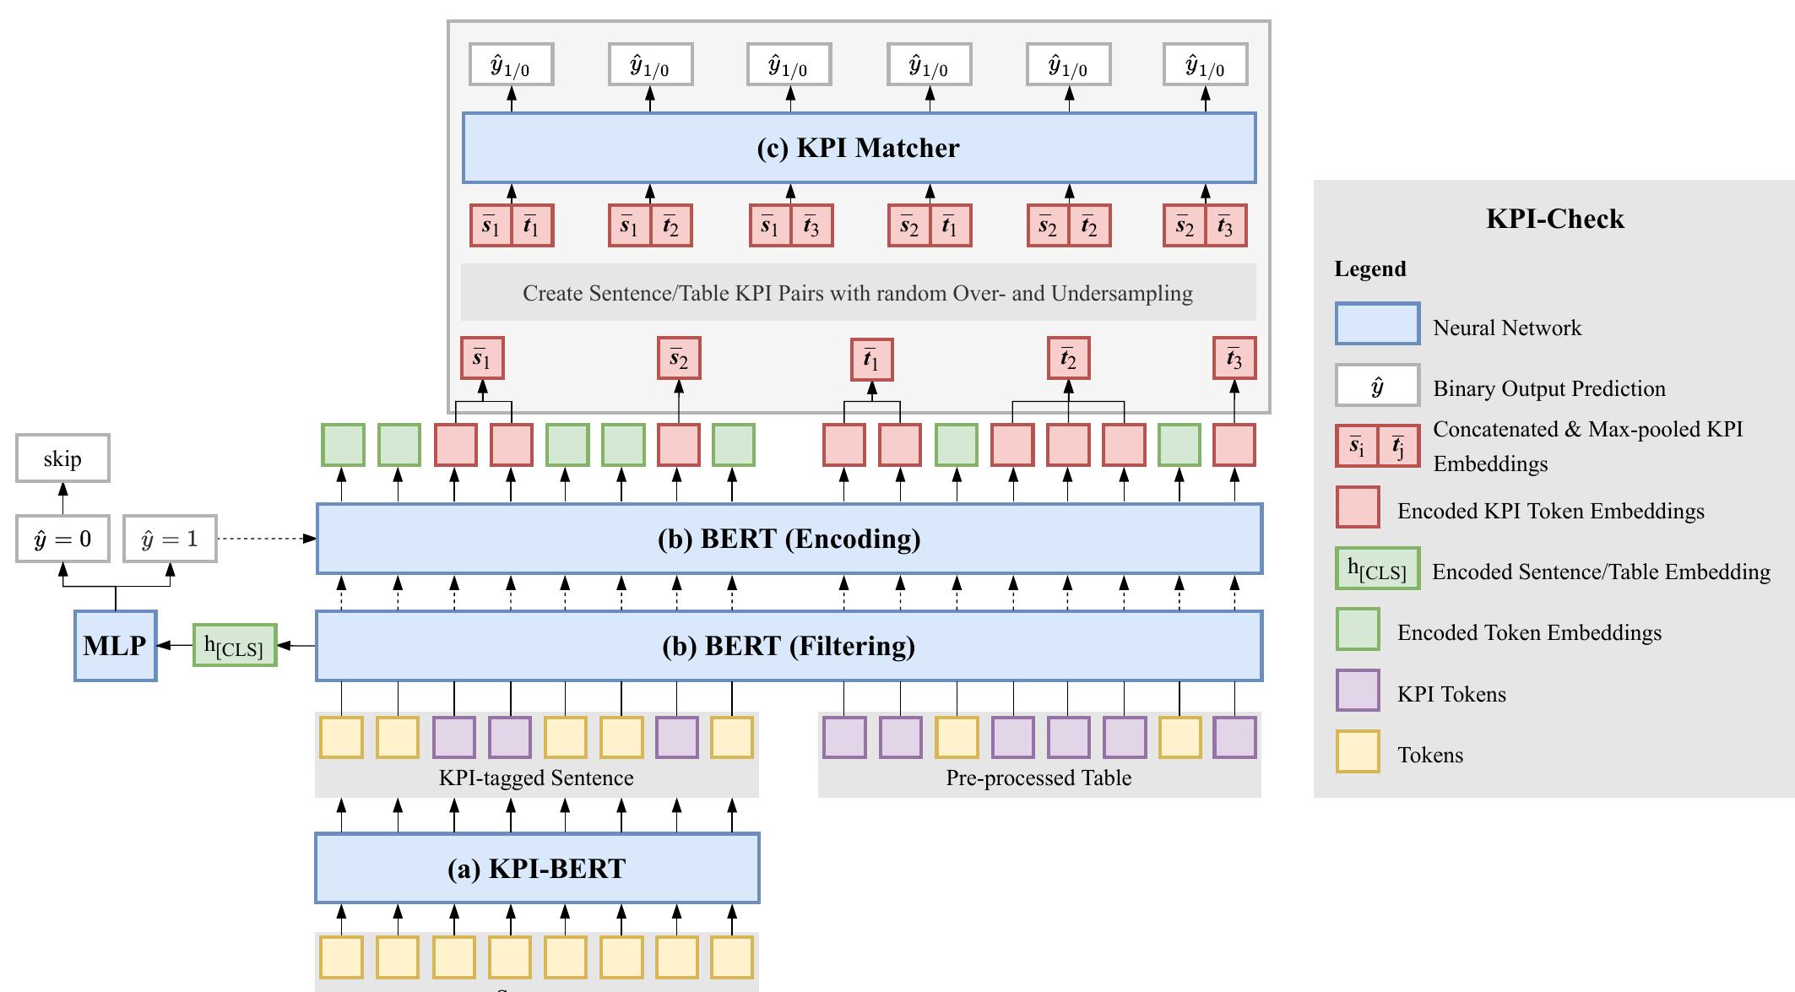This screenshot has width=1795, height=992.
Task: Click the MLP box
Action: point(115,646)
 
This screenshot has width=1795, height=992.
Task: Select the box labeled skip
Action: point(62,458)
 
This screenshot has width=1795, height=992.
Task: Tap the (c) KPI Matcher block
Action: point(859,148)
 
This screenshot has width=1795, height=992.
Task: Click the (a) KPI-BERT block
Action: point(537,868)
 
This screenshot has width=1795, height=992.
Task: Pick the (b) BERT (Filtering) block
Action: point(789,646)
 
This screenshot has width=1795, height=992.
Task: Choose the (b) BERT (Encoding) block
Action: point(789,539)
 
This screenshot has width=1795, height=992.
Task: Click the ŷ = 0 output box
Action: point(62,539)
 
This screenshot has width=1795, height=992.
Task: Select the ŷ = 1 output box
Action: point(170,539)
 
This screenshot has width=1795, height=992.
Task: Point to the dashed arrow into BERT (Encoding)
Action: point(266,539)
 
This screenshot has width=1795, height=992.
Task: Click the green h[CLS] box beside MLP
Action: point(235,646)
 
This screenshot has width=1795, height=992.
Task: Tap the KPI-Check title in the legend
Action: point(1554,219)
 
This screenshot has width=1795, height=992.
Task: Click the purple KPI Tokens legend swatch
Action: point(1358,691)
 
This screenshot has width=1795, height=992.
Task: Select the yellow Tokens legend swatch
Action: point(1358,751)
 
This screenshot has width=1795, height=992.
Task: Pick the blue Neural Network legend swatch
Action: point(1377,324)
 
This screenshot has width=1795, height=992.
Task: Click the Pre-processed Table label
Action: point(1038,778)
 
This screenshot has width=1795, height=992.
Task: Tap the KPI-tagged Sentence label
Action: point(536,778)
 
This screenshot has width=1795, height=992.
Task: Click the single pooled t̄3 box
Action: point(1234,358)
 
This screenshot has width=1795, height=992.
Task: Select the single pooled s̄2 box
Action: point(679,358)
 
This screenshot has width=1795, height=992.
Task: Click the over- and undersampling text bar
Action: point(858,293)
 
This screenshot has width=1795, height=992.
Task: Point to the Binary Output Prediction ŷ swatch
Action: point(1377,386)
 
